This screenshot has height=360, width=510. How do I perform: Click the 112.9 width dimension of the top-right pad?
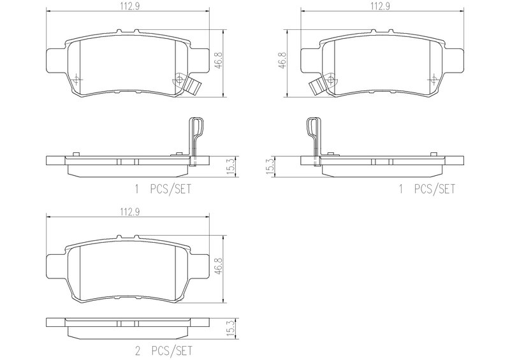pyautogui.click(x=381, y=6)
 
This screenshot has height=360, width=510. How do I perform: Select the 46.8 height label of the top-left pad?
pyautogui.click(x=219, y=60)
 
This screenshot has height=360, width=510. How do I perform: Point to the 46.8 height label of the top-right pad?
pyautogui.click(x=282, y=60)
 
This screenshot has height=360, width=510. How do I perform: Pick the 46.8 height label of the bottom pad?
pyautogui.click(x=219, y=266)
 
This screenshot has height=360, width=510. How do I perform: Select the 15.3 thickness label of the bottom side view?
pyautogui.click(x=231, y=328)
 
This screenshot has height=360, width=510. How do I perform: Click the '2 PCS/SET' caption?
pyautogui.click(x=163, y=351)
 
